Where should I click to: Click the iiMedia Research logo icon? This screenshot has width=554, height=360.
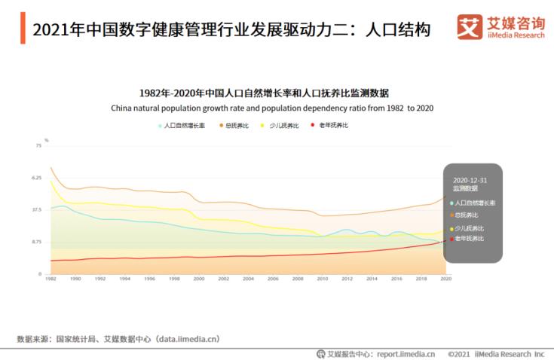point(470,27)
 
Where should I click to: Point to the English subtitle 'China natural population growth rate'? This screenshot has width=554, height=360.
point(272,108)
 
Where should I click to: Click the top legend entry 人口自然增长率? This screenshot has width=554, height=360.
point(183,125)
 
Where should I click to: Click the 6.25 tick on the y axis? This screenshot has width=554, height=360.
point(36,178)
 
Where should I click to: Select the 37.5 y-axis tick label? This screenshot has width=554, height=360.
point(36,209)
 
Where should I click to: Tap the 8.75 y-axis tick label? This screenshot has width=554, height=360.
point(36,242)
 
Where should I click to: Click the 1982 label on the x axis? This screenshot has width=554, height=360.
point(51,279)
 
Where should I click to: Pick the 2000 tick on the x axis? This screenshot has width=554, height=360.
point(199,279)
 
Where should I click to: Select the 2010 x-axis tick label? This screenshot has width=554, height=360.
point(322,279)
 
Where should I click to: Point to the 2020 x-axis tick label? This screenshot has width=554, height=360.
point(445,279)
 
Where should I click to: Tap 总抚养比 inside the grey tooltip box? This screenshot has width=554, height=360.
point(467,215)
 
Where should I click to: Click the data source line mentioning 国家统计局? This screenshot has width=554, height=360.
point(118,339)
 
